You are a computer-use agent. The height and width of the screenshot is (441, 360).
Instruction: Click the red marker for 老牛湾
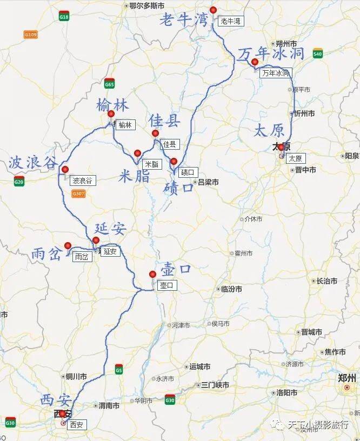coord(213,10)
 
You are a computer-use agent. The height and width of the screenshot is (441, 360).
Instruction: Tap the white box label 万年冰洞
coord(276,72)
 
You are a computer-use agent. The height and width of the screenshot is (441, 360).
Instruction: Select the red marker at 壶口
coord(152,274)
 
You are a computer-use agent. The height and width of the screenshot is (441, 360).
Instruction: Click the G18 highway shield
coord(64,17)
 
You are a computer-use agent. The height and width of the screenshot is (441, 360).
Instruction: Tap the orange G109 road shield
coord(31,35)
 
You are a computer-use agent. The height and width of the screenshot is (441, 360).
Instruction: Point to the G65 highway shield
coord(110,84)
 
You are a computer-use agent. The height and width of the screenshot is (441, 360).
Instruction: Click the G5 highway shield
coord(118,370)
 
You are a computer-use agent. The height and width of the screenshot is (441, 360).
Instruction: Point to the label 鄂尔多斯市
coord(147,6)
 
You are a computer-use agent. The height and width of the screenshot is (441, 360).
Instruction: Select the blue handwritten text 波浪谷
coord(32,163)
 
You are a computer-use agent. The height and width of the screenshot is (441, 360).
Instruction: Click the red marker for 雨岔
coord(68,246)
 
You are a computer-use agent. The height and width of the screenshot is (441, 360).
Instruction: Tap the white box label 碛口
coord(187,172)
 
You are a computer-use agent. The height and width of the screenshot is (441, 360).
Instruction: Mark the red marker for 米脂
coord(137,153)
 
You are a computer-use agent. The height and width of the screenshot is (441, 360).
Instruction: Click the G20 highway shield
coord(19,182)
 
